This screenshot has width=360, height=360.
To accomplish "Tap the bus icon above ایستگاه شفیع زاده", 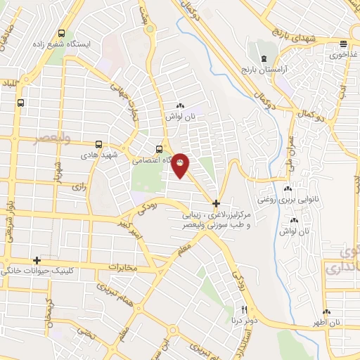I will (63, 33).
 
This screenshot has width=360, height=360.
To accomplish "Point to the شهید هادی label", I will (96, 153).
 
